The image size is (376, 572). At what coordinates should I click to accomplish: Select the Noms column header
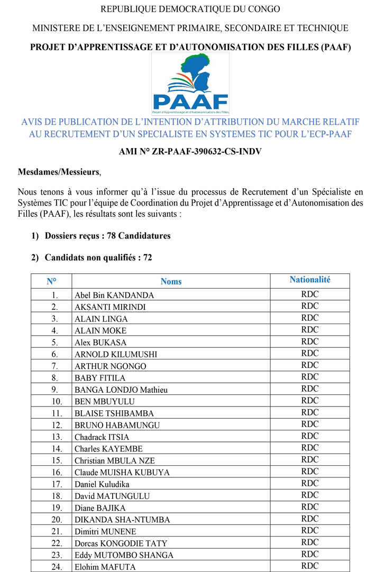(x=171, y=281)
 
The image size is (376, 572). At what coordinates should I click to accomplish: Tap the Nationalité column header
(x=310, y=280)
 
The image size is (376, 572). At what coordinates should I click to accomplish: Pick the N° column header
(x=51, y=281)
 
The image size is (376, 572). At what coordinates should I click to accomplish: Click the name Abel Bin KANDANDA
(x=114, y=295)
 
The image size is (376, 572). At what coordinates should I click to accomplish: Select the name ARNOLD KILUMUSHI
(x=115, y=354)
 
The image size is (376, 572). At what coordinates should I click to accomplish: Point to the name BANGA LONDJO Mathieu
(x=121, y=390)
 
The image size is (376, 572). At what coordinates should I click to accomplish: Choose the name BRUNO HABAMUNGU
(x=117, y=425)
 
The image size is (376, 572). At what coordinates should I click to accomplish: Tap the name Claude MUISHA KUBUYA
(x=122, y=472)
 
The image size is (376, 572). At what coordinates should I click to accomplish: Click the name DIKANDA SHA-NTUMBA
(x=122, y=520)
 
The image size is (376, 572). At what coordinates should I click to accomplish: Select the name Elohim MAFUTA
(x=105, y=567)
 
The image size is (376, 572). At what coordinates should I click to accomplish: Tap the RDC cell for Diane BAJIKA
(x=310, y=507)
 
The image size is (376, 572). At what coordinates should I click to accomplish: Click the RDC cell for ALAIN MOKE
(x=310, y=330)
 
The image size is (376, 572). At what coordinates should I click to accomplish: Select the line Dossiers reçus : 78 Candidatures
(x=107, y=236)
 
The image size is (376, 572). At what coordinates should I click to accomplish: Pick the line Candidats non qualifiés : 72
(x=98, y=257)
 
